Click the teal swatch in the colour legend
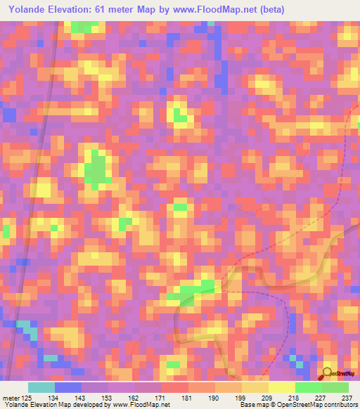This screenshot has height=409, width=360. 41,387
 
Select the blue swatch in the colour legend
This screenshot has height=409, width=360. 68,387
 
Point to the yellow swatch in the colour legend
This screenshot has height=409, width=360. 282,387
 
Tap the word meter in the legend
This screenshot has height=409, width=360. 11,398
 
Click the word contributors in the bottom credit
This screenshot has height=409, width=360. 340,405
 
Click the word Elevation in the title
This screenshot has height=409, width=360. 80,10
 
